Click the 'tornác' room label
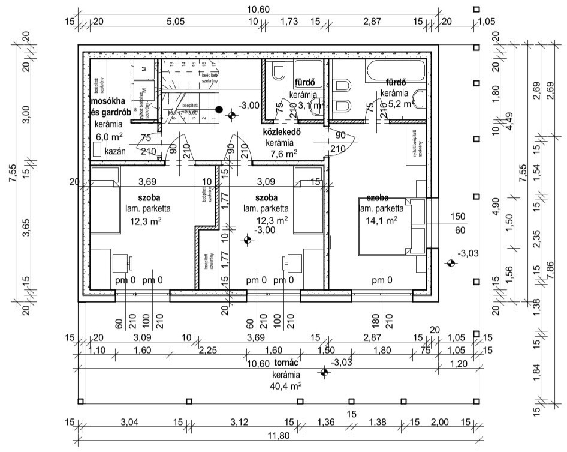[286, 364]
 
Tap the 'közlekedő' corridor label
[281, 132]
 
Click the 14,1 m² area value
[382, 221]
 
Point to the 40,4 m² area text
[286, 386]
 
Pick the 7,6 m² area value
[283, 154]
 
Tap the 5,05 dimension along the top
[174, 22]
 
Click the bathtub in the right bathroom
[396, 70]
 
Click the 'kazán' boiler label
[115, 151]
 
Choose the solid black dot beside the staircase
[219, 110]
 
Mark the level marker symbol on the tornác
[324, 372]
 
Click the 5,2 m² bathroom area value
[400, 103]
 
